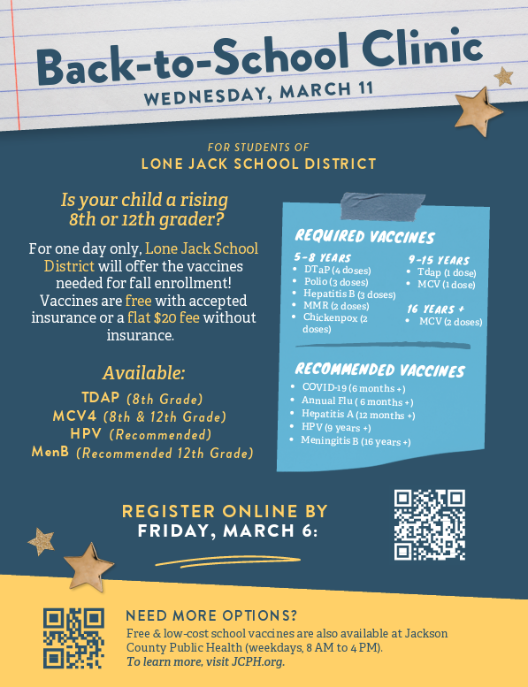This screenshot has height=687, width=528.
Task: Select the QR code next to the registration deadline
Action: tap(429, 524)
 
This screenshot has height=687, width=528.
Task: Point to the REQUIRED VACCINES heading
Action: tap(364, 237)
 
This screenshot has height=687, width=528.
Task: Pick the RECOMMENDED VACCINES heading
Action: tap(379, 369)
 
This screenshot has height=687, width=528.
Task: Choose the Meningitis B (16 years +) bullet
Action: tap(356, 441)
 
